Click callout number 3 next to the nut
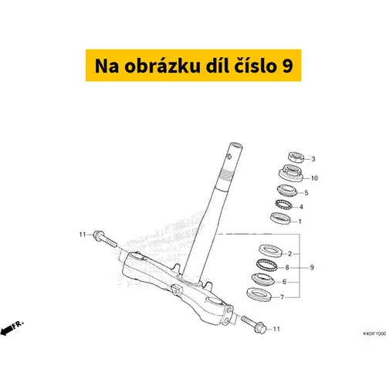click(313, 159)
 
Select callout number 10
click(314, 178)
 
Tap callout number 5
click(306, 193)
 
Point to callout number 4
click(301, 207)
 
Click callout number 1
click(300, 222)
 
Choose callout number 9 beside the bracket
click(312, 268)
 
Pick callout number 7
click(282, 297)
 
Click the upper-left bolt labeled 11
click(105, 239)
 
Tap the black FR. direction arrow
click(7, 330)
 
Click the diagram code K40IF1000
click(374, 334)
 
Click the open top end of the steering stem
click(236, 145)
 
